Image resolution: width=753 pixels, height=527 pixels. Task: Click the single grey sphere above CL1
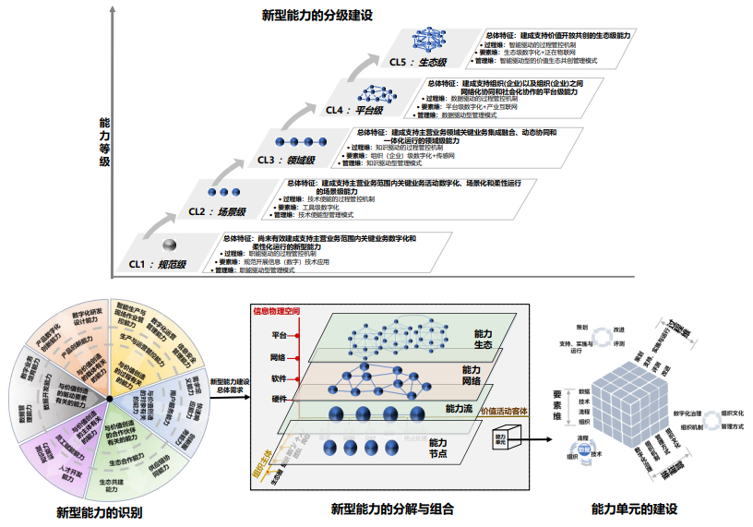click(169, 245)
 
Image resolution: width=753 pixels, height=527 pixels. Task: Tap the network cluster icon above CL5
click(430, 40)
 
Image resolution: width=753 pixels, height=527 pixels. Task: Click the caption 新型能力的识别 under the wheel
click(99, 511)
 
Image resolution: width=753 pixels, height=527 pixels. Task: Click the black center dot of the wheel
click(110, 398)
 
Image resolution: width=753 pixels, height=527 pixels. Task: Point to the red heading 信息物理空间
click(280, 310)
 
